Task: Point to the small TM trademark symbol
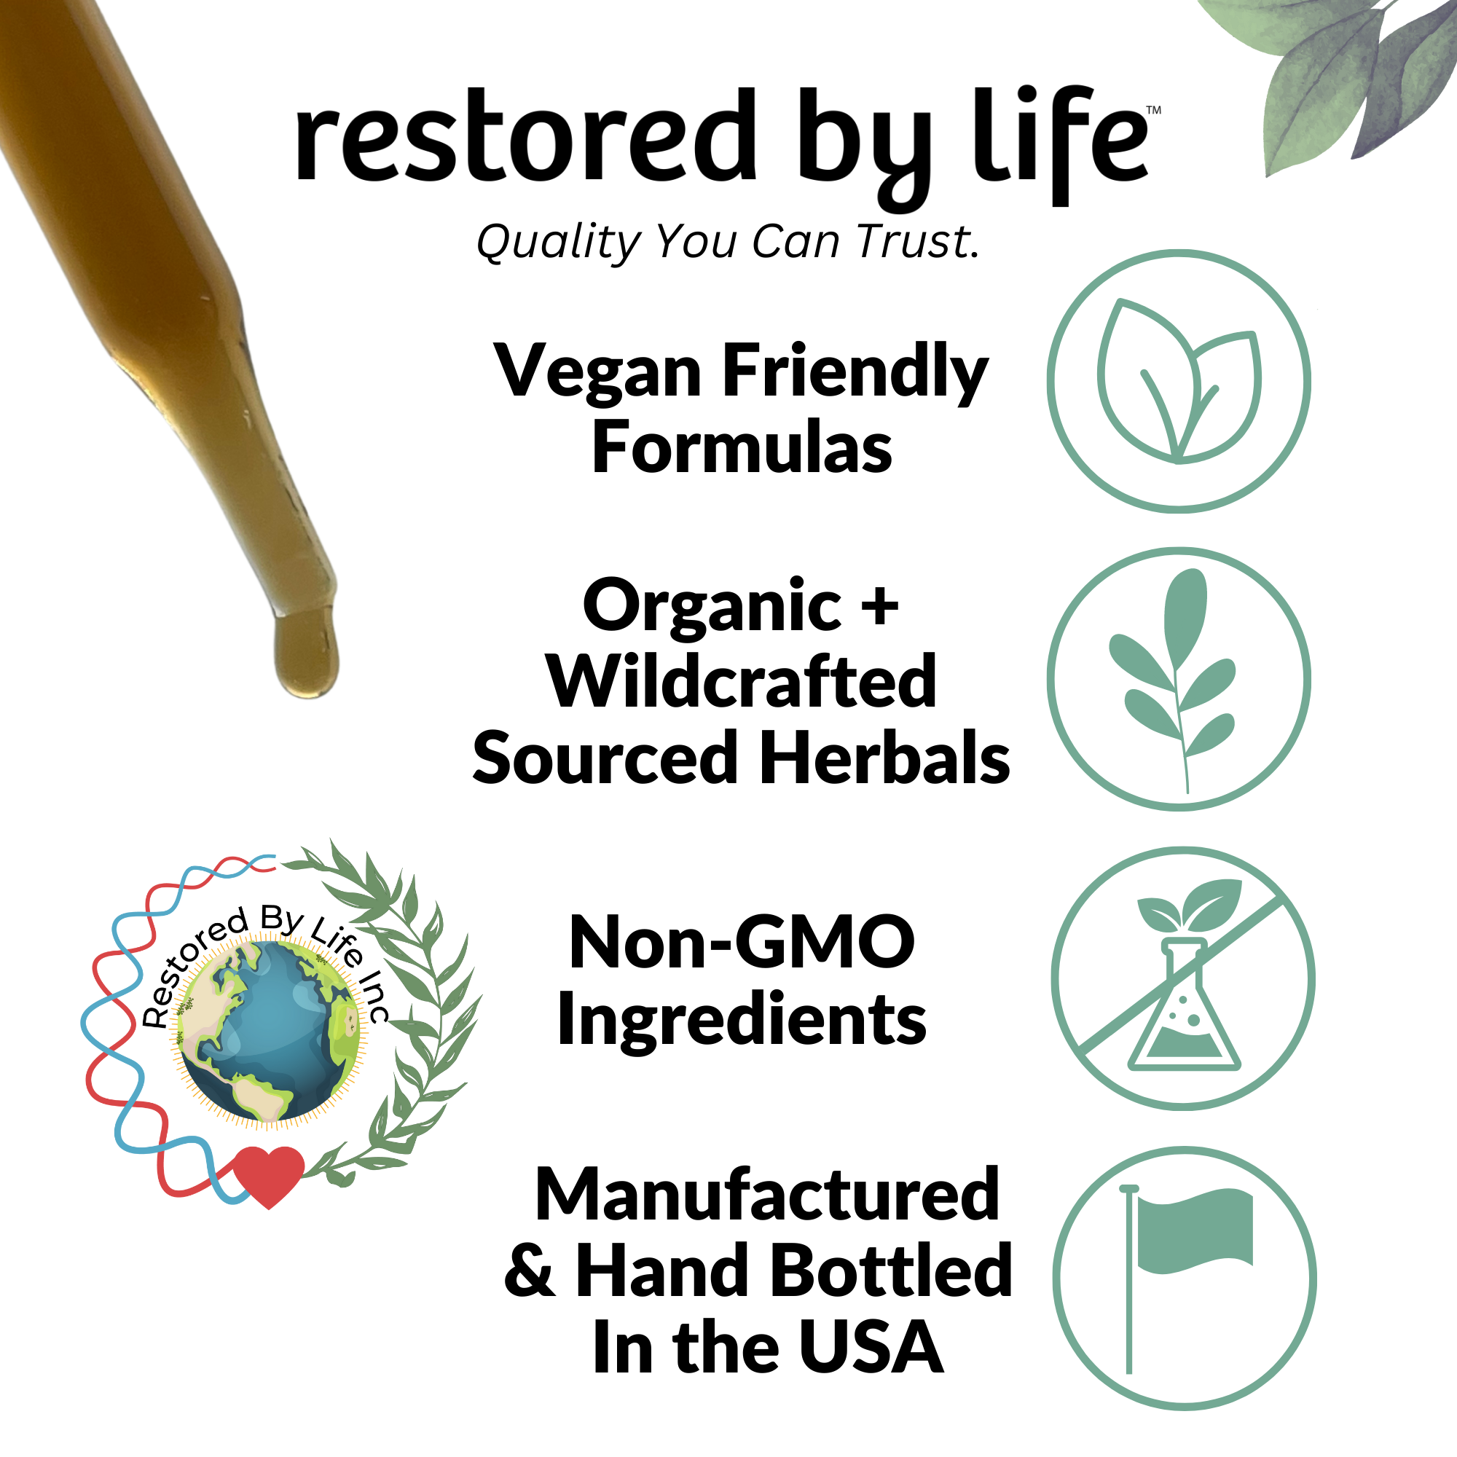click(1154, 110)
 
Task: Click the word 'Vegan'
click(599, 372)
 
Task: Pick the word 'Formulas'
click(742, 448)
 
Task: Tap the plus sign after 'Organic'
click(879, 605)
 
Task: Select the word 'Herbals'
click(885, 757)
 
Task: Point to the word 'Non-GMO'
click(742, 942)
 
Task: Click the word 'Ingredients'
click(742, 1019)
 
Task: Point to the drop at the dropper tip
click(306, 653)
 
